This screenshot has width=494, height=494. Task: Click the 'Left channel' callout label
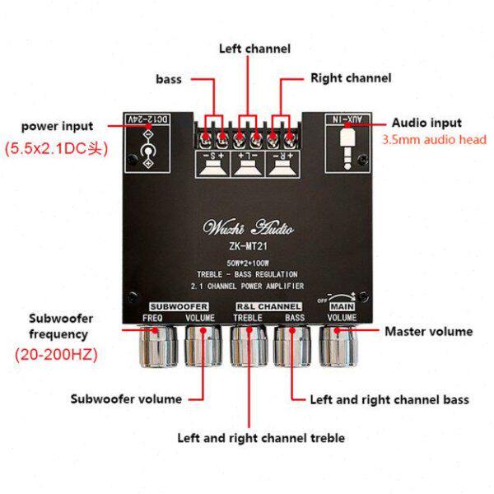point(254,49)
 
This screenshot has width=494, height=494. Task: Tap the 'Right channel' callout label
point(350,78)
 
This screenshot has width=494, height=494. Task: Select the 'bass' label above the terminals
point(169,80)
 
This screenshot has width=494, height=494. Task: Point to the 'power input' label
point(58,126)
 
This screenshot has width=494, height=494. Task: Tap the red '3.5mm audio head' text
point(435,140)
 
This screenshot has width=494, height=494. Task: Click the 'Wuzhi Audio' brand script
point(248,227)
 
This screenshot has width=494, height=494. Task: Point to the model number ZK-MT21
point(247,245)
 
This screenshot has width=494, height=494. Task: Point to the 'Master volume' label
point(429,332)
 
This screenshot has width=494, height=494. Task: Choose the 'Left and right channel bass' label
point(389,400)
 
